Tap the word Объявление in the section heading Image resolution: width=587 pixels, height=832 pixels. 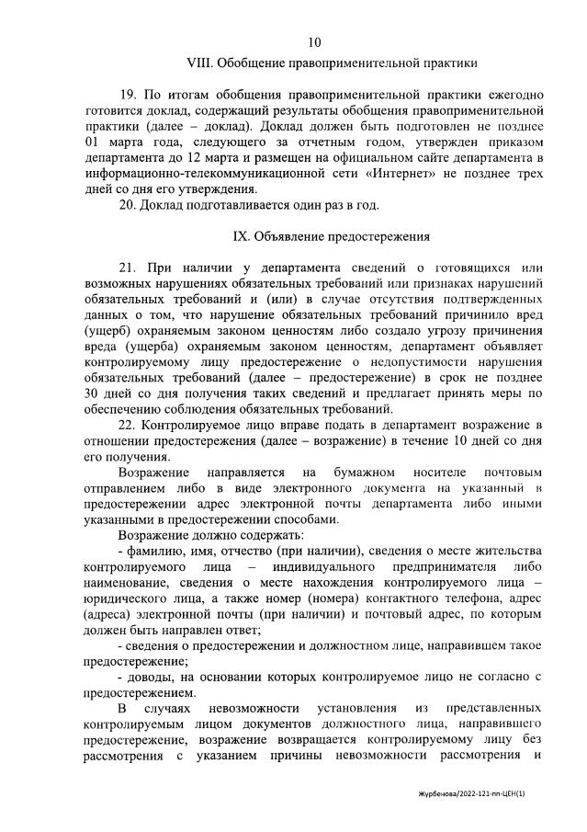pyautogui.click(x=293, y=236)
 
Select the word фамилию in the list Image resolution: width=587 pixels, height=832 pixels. pyautogui.click(x=158, y=549)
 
